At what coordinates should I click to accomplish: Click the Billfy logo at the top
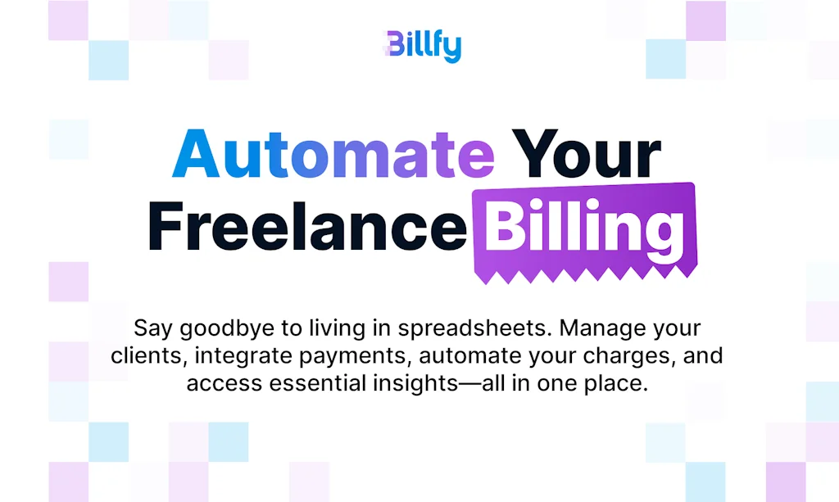pyautogui.click(x=422, y=46)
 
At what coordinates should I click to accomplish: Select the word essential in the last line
pyautogui.click(x=315, y=383)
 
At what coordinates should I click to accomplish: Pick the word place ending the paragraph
pyautogui.click(x=621, y=383)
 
